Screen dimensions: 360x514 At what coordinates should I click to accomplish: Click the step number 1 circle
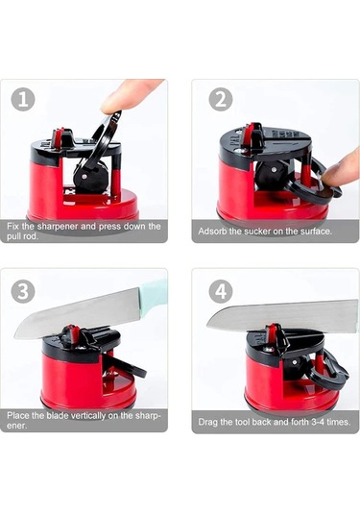[x=23, y=99]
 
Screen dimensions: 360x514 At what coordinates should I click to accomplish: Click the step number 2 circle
[x=221, y=99]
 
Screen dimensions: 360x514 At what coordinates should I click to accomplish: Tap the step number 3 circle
[x=23, y=291]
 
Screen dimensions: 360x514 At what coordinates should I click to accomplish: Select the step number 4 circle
[x=221, y=291]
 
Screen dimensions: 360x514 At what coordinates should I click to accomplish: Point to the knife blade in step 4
[x=281, y=316]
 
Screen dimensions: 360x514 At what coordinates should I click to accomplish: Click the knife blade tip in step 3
[x=15, y=336]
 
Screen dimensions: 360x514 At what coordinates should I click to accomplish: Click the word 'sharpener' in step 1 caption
[x=58, y=226]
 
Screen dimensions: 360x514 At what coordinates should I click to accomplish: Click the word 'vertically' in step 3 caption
[x=88, y=416]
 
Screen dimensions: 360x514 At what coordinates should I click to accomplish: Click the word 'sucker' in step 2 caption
[x=257, y=232]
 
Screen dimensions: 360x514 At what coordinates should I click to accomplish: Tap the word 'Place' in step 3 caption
[x=18, y=416]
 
